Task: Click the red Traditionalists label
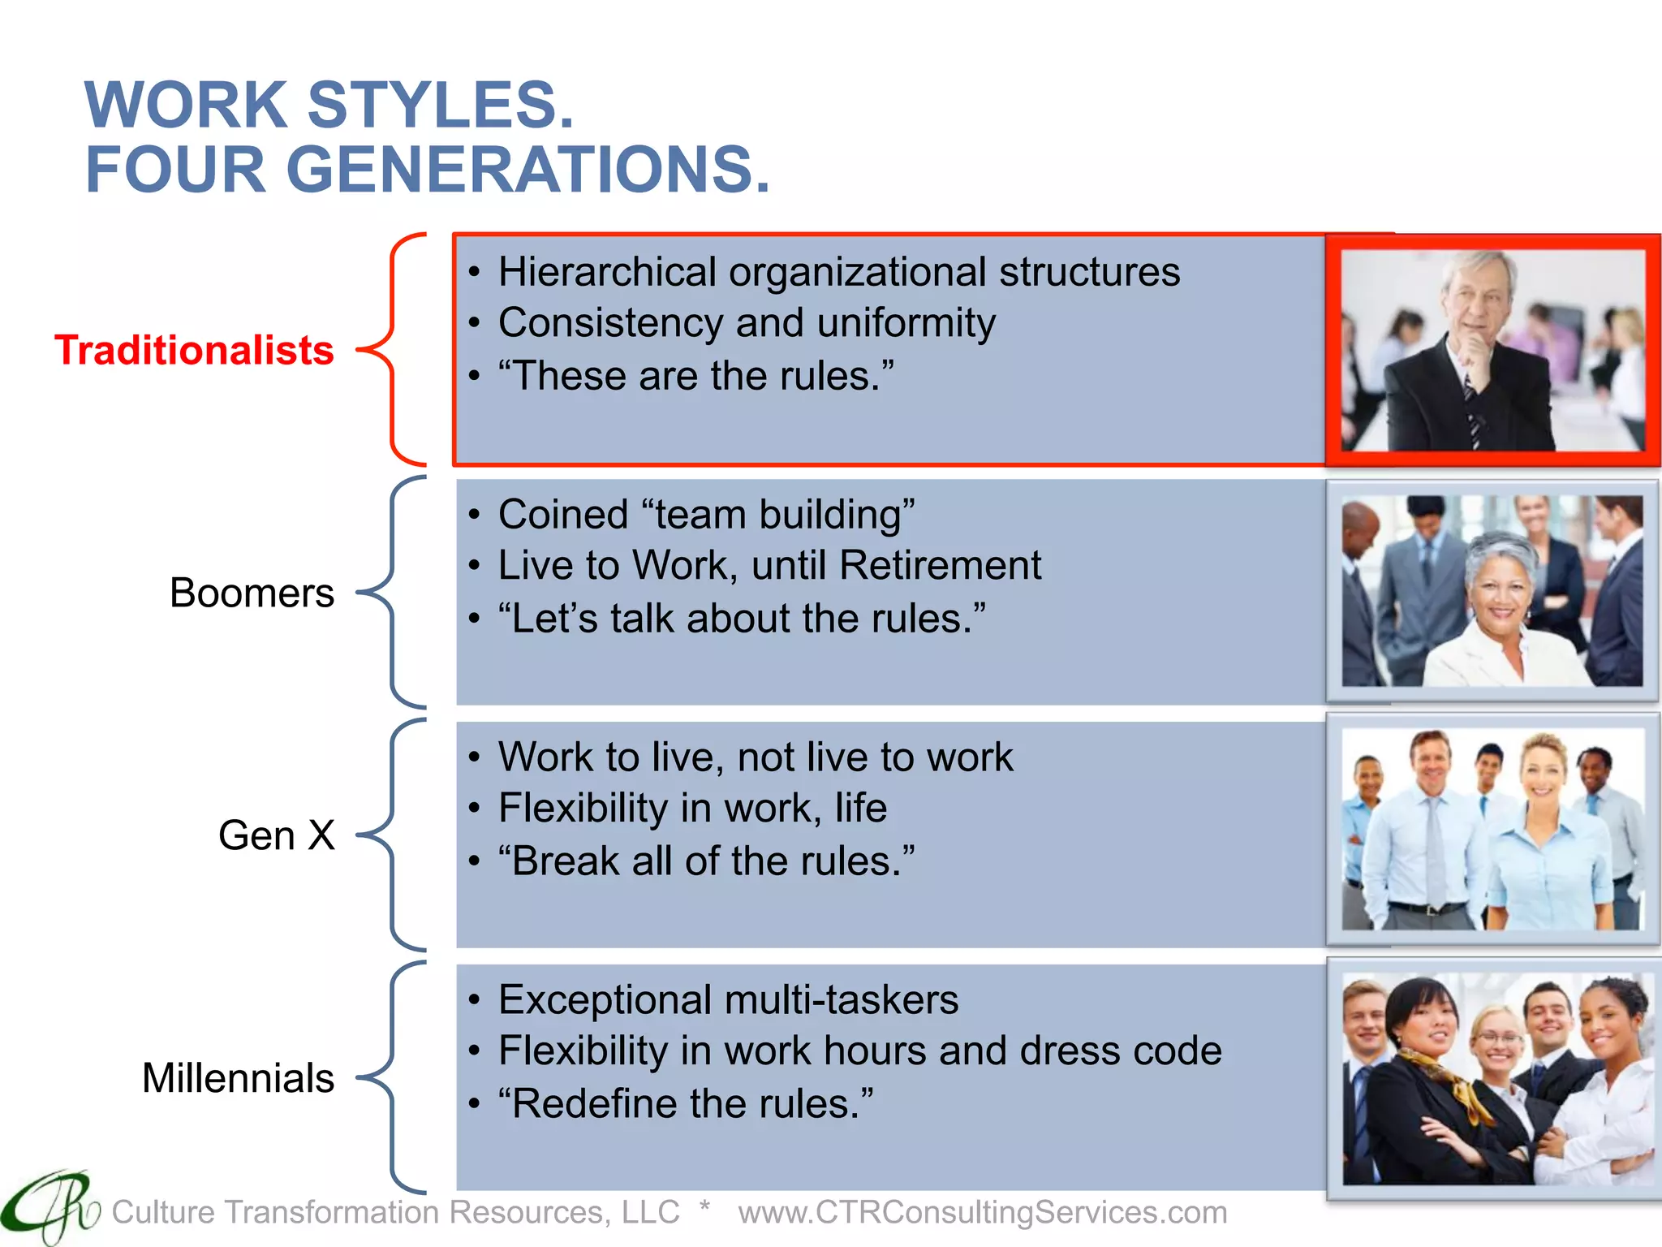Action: (x=194, y=351)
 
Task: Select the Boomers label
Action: (x=252, y=593)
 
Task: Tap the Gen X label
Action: (x=276, y=835)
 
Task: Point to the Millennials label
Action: (x=238, y=1078)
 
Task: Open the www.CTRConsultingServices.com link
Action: (x=982, y=1212)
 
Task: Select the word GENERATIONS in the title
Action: (x=527, y=170)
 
